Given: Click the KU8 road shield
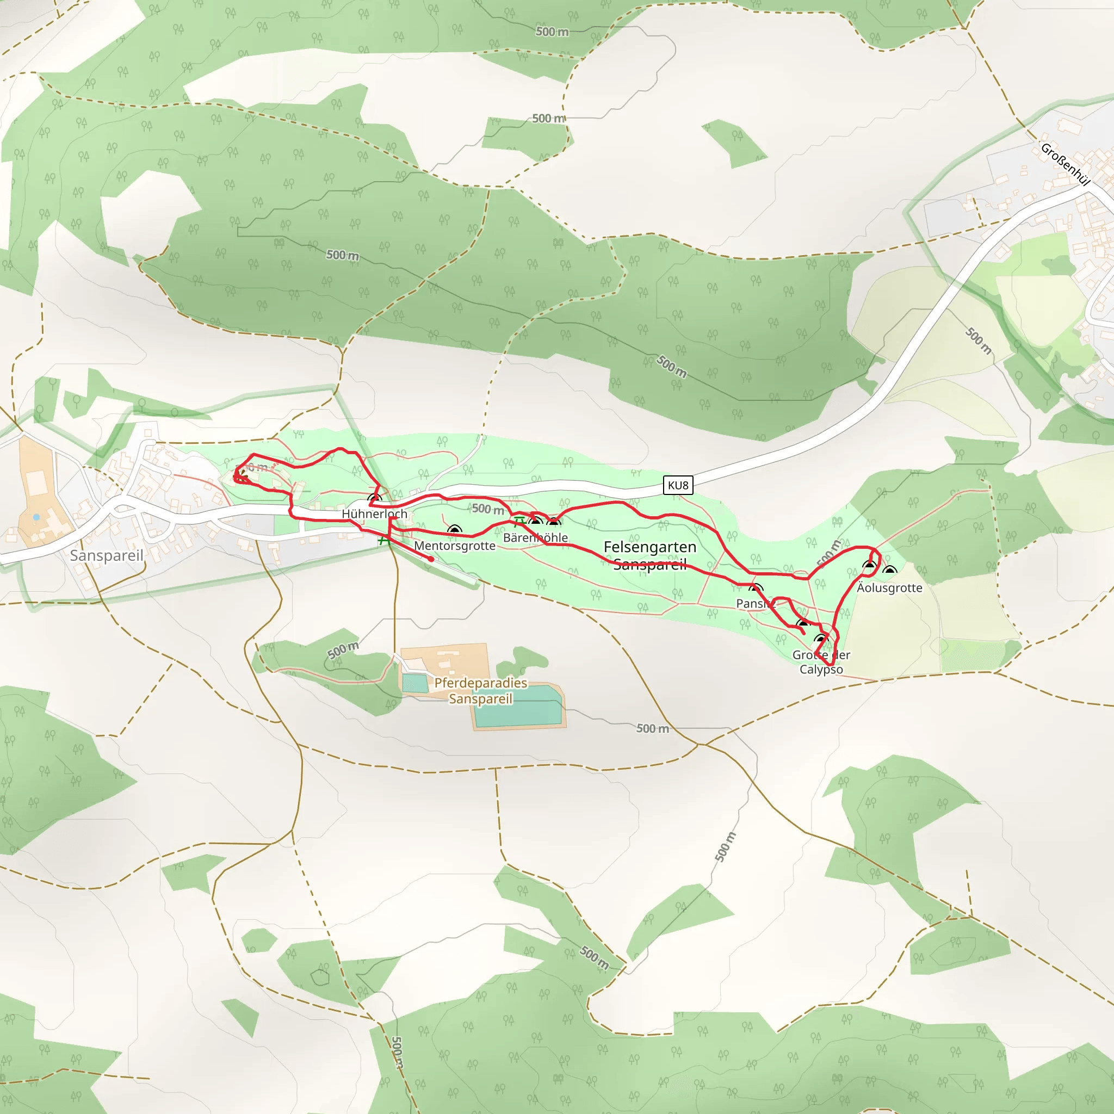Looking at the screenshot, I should point(678,485).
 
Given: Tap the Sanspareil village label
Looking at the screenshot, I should point(107,555).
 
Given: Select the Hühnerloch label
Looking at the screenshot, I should point(374,513).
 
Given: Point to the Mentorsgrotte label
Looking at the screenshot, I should point(454,546).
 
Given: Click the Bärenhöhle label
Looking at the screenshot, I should point(535,537).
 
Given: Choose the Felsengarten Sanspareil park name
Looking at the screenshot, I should point(650,555).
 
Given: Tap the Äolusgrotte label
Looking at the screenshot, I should point(889,587).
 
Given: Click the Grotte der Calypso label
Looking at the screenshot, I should point(820,662).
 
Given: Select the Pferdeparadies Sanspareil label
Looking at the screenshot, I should point(480,690).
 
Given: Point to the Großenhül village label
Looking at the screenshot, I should point(1066,164).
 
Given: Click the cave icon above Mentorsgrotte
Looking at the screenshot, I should point(454,530).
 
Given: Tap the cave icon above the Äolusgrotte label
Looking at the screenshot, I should point(889,571).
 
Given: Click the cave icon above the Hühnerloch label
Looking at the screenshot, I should point(374,498).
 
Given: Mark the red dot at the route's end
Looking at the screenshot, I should point(431,559).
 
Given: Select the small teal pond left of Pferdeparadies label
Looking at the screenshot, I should point(414,683).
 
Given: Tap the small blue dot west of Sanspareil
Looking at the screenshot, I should point(36,517).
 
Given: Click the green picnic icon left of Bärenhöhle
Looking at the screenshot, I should point(518,522).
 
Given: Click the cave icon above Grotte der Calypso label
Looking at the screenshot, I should point(820,639).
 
